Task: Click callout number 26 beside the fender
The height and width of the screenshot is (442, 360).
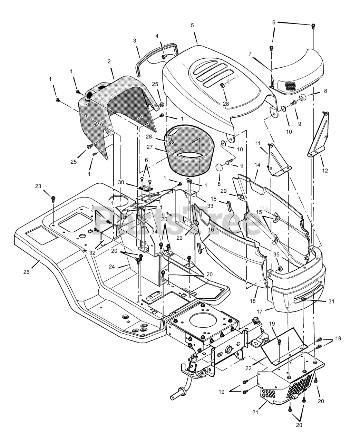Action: pos(26,272)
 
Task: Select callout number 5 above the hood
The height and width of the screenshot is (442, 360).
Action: pos(192,25)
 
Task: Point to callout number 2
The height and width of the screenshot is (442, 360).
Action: pos(109,61)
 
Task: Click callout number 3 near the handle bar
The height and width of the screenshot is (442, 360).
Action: pos(135,41)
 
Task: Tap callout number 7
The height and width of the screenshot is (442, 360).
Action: pos(250,54)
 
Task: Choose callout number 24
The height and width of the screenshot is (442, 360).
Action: pos(112,267)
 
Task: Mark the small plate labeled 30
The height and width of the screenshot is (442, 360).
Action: pos(146,188)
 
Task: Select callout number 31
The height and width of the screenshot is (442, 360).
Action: pos(331,301)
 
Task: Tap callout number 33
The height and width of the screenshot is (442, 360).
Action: pos(210,206)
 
